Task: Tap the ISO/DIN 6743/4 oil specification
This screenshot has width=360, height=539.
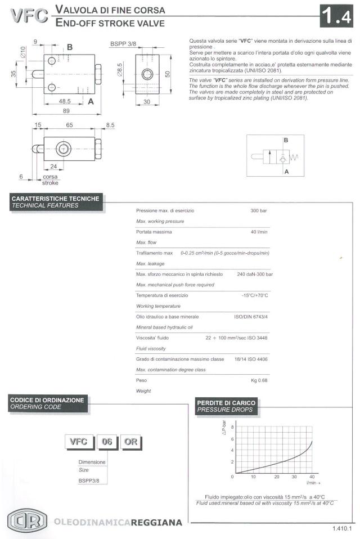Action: tap(251, 317)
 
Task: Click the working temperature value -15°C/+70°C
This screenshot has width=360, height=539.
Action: tap(255, 295)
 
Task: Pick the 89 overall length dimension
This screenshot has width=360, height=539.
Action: tap(66, 111)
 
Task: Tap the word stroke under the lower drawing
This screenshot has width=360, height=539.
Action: tap(50, 182)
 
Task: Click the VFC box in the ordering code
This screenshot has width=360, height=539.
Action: tap(79, 442)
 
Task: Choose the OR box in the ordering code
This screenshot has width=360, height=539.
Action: tap(130, 442)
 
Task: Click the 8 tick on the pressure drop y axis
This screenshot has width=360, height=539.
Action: tap(232, 427)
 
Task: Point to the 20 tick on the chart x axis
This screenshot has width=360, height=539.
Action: tap(276, 477)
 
